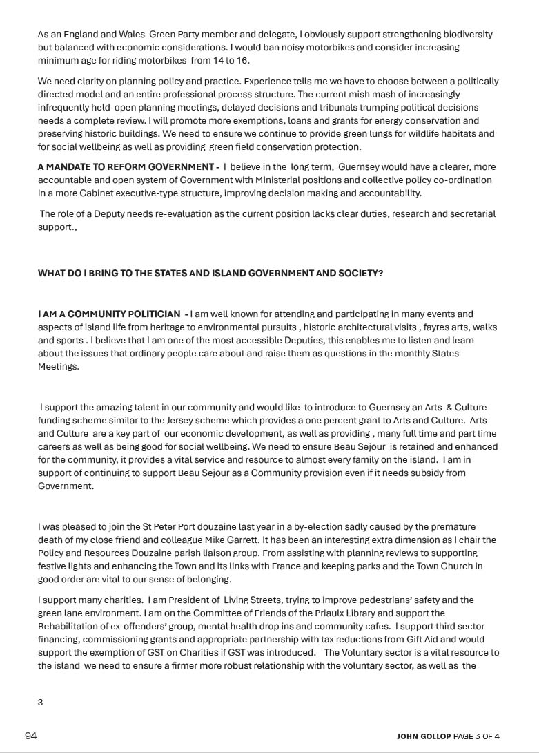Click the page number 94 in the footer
30,736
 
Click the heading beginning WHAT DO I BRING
210,273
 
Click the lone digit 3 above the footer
41,702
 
